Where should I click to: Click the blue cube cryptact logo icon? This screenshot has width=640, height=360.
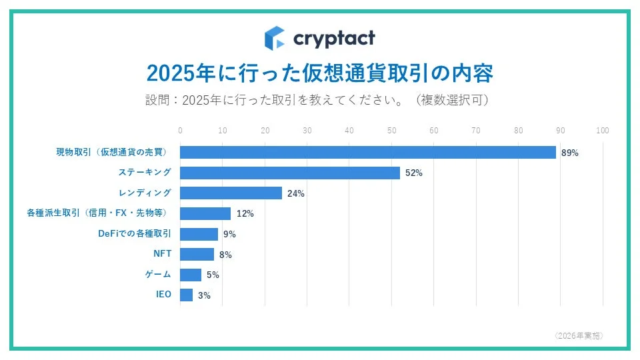click(274, 38)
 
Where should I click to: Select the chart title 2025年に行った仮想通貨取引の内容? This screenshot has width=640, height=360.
click(320, 73)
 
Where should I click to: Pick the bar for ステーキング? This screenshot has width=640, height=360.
click(290, 173)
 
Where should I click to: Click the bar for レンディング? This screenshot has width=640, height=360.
click(231, 193)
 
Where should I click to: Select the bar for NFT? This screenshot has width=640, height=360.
click(197, 254)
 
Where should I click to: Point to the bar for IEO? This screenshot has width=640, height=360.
click(187, 295)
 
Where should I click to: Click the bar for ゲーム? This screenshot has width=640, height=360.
click(191, 275)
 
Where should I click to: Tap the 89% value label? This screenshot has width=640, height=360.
click(570, 153)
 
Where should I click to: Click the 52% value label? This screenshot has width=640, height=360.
click(414, 173)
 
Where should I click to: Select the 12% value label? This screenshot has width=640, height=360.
click(245, 214)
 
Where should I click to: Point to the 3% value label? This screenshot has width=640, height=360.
click(204, 295)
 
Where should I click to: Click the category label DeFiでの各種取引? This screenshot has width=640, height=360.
click(134, 233)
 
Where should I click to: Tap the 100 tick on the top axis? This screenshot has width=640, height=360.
click(603, 130)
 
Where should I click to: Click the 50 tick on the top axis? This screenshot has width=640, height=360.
click(391, 130)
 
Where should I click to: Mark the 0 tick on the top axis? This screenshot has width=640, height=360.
click(181, 130)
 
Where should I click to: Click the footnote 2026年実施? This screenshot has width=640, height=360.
click(579, 335)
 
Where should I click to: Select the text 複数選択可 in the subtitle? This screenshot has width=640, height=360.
click(451, 101)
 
